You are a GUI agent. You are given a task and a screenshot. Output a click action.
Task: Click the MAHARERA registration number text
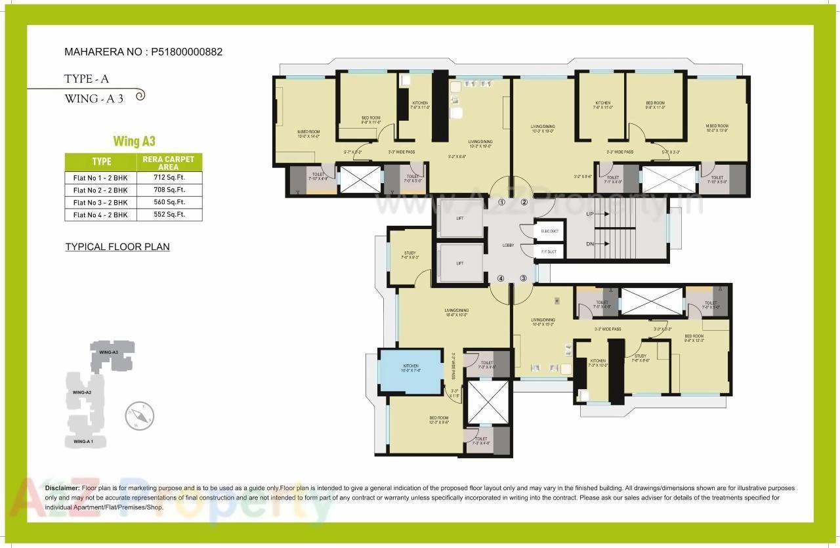coord(143,52)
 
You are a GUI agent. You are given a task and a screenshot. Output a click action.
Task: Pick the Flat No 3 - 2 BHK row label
coord(100,202)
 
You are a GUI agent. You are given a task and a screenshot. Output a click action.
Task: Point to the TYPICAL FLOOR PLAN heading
coord(117,247)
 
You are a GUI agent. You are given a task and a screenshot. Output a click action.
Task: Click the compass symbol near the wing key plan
coord(139,415)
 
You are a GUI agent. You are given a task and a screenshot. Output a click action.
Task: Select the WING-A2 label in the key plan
coord(82,392)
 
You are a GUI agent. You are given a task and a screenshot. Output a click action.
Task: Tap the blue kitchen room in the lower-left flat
coord(411,371)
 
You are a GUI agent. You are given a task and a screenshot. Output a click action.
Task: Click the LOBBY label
coord(508,245)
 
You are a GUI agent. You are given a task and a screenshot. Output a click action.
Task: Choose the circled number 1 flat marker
coord(502,202)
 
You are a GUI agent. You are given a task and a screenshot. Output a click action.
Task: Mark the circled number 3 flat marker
coord(524,278)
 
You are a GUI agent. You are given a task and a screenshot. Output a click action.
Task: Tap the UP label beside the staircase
coord(571,215)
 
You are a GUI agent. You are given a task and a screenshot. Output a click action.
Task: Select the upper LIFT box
coord(460,218)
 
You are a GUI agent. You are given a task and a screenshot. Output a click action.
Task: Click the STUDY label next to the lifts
coord(410,253)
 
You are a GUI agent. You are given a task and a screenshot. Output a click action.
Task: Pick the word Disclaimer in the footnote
coord(62,488)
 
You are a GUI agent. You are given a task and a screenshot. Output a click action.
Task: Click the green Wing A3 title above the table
coord(134,141)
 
